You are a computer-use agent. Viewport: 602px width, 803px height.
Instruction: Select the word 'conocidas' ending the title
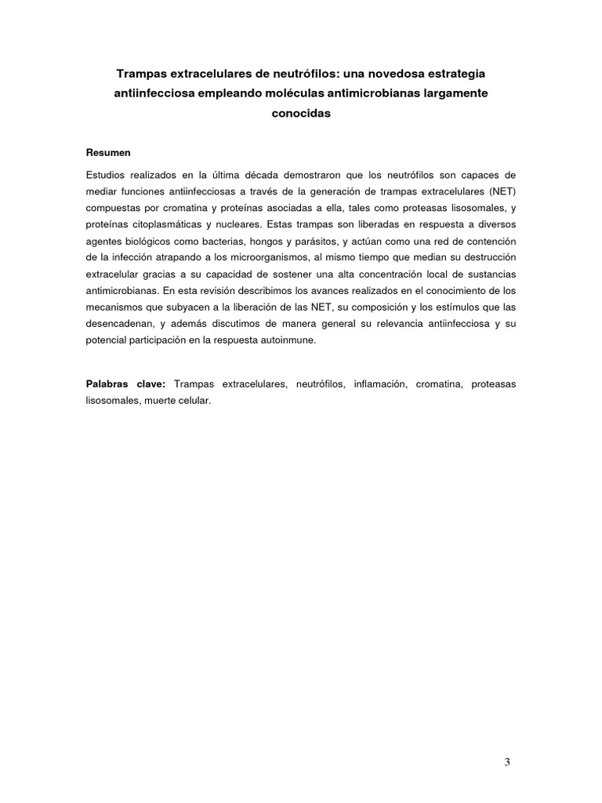click(301, 113)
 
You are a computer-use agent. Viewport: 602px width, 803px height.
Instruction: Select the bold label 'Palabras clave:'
click(125, 384)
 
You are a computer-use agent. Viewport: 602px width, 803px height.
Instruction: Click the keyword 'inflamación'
click(379, 384)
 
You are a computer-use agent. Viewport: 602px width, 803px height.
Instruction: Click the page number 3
click(507, 761)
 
